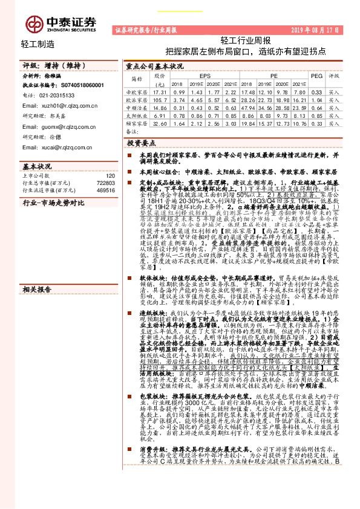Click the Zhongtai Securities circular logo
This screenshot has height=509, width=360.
tap(31, 23)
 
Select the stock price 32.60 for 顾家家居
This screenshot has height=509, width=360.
tap(160, 123)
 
